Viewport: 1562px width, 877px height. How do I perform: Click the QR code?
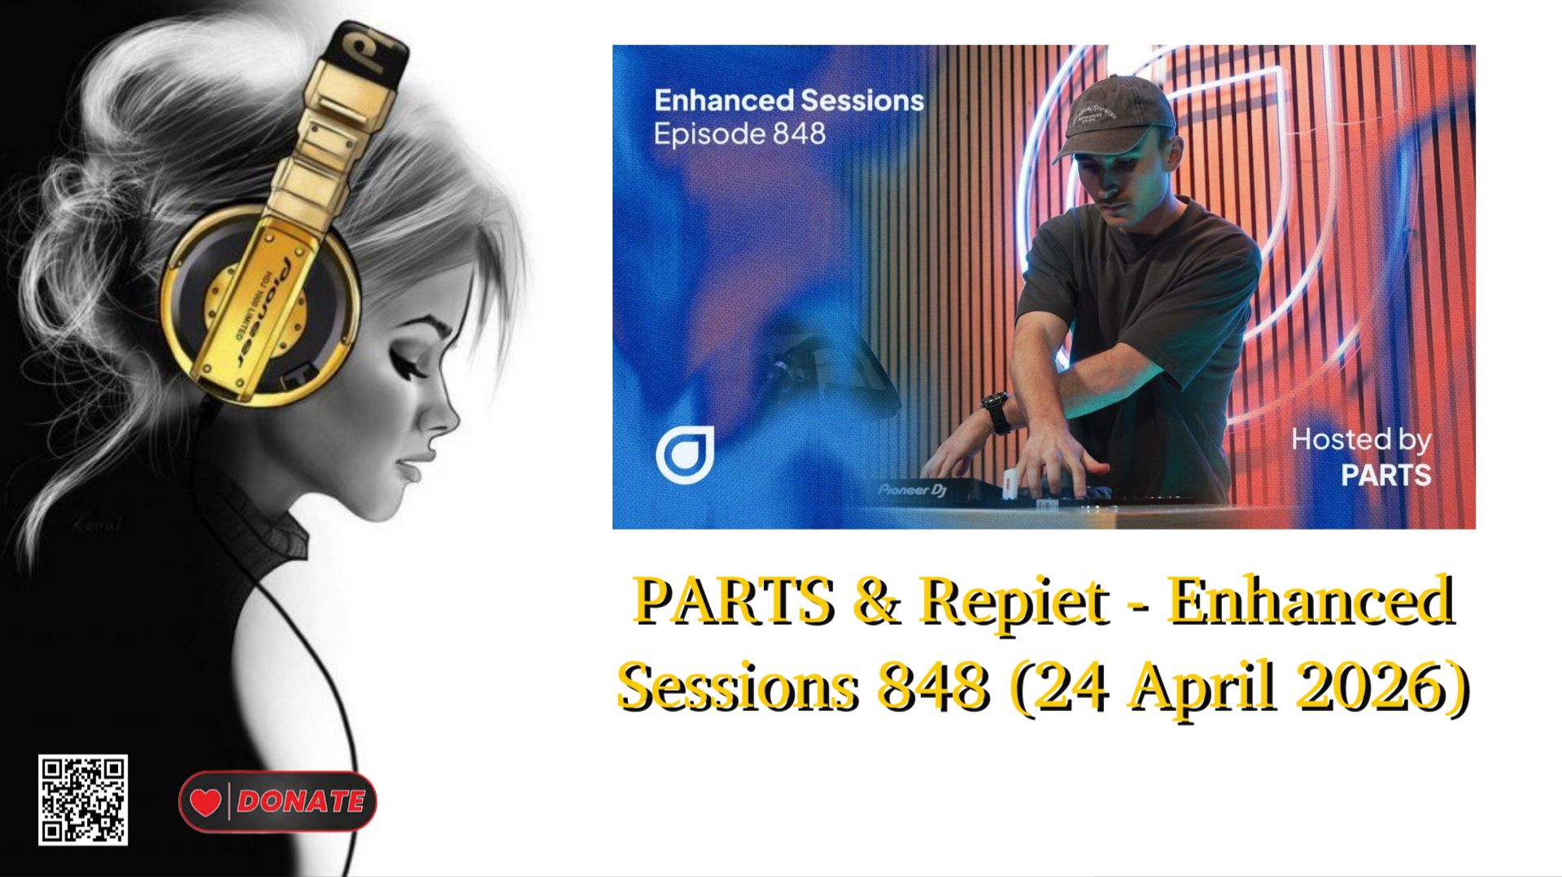pos(82,800)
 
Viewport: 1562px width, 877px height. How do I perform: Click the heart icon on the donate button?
pos(206,802)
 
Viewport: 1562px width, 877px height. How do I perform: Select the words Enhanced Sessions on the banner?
pos(788,100)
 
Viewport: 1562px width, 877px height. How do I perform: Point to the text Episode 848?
pos(739,133)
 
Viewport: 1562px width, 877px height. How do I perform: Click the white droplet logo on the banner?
pos(685,455)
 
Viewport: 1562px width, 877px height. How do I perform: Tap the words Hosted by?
pos(1360,440)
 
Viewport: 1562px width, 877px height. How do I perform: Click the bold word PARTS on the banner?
pos(1385,475)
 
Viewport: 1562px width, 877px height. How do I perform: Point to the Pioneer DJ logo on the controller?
pos(912,490)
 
